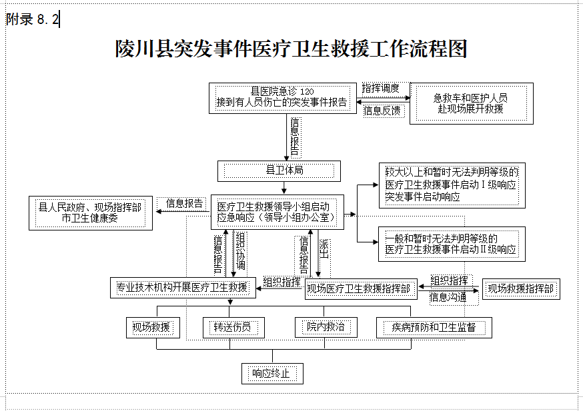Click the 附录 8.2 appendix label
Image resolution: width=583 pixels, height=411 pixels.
pos(33,19)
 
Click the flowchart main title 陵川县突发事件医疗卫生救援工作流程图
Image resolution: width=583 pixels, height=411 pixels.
pos(291,49)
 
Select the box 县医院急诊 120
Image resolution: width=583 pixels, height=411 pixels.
pos(283,98)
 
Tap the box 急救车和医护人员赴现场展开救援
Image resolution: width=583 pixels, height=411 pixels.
pos(472,103)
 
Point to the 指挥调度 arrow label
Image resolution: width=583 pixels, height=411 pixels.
pos(381,89)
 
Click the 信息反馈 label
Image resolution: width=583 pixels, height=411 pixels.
pos(382,111)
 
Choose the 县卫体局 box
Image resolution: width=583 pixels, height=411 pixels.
pos(279,171)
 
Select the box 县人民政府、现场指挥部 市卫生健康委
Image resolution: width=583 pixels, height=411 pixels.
pos(91,213)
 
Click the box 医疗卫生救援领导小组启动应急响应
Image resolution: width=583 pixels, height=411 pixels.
pos(277,212)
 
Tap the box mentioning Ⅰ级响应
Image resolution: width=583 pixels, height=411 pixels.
pos(452,185)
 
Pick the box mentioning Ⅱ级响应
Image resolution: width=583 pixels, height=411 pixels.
pos(452,244)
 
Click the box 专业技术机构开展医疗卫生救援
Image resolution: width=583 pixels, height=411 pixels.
pos(183,287)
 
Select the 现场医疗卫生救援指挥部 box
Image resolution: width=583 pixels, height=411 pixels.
pos(361,289)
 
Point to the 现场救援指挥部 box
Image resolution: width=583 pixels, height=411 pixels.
pos(521,289)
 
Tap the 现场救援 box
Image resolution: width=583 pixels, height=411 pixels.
pos(153,328)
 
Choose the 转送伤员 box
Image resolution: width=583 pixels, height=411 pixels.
pos(233,328)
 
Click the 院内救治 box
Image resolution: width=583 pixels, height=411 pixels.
pos(326,327)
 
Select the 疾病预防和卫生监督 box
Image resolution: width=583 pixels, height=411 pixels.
pos(434,328)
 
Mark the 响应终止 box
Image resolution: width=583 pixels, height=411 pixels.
pos(272,374)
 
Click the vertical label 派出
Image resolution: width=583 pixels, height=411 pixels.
pos(324,249)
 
